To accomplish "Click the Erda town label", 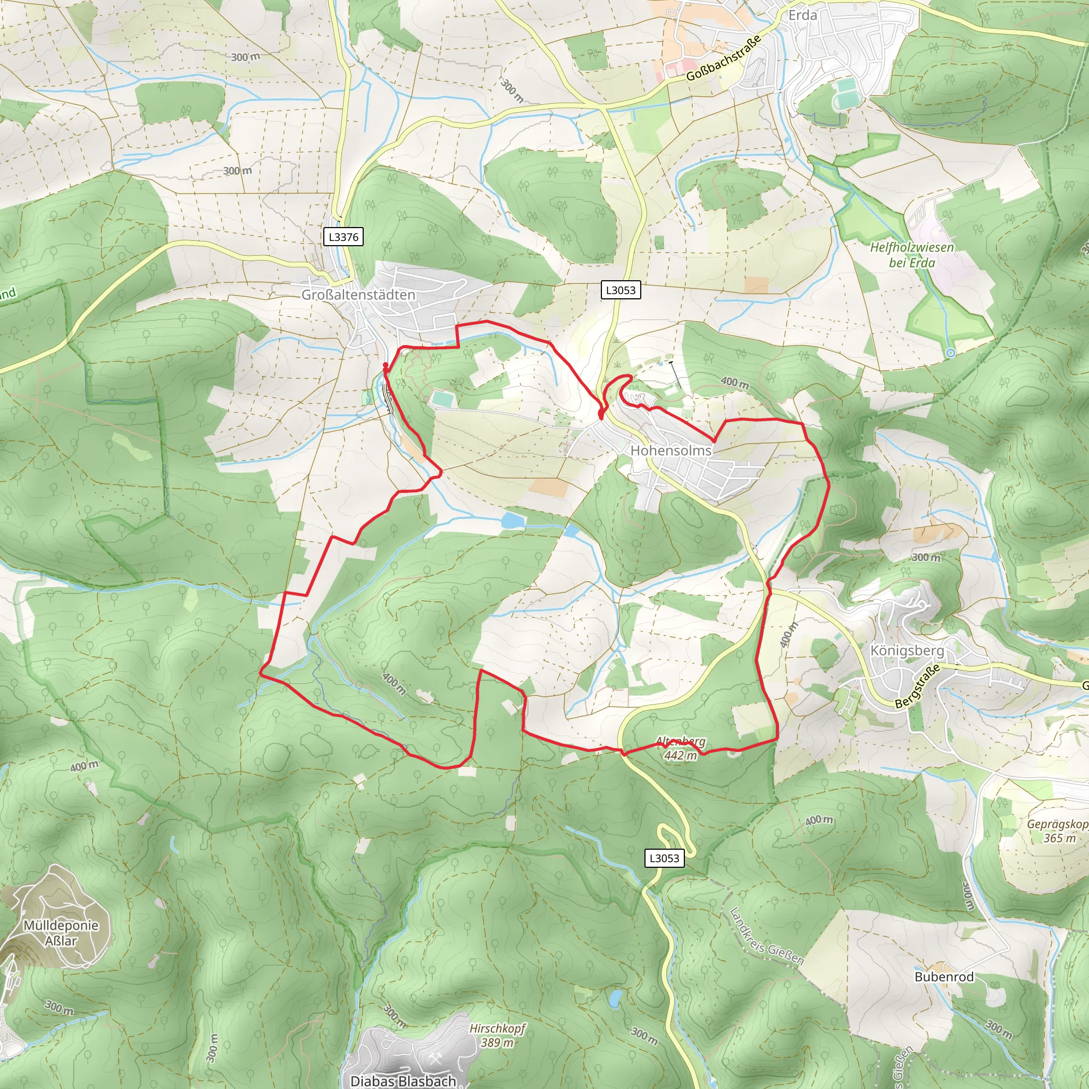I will [802, 15].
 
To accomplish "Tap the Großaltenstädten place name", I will [358, 295].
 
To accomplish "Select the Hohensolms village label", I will [671, 450].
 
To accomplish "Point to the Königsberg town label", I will [907, 650].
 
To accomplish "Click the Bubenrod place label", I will [944, 977].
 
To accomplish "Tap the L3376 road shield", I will [344, 237].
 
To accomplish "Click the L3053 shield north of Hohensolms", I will [620, 290].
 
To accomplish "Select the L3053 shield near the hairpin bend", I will [664, 858].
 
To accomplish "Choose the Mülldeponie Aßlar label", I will [61, 933].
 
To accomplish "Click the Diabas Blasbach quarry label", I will [403, 1080].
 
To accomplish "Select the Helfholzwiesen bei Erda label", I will [911, 255].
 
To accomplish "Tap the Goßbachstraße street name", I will [724, 57].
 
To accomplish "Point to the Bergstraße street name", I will [918, 686].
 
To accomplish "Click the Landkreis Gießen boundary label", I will [766, 936].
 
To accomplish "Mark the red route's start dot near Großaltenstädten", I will [386, 366].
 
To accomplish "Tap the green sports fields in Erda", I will [845, 93].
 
